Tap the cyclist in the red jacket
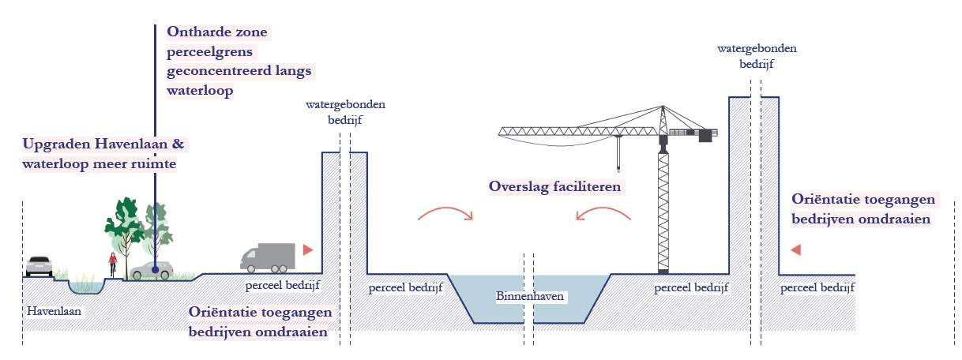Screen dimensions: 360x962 113,264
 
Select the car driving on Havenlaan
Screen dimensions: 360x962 39,266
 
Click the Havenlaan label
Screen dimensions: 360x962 54,310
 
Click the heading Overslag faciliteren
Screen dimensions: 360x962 555,188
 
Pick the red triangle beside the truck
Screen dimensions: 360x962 308,249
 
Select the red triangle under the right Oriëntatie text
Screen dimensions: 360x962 796,250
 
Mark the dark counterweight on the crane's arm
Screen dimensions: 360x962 705,135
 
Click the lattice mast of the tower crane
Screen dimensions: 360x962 663,213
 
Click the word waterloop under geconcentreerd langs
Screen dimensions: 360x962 201,90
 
